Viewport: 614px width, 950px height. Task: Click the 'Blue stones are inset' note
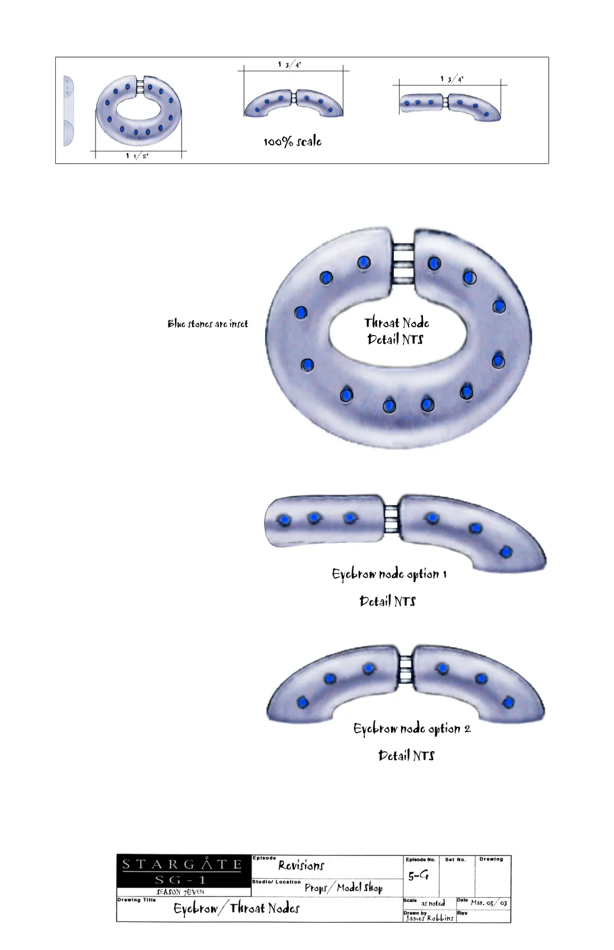pos(208,324)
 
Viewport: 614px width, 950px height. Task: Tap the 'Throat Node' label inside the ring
pos(397,323)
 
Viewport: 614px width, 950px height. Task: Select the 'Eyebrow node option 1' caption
pos(389,574)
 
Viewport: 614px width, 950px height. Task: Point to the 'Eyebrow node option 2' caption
pos(412,729)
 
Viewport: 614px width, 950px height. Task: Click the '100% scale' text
pos(292,142)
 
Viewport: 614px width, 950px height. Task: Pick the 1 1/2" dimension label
pos(137,156)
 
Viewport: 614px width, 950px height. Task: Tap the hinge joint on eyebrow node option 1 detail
pos(392,519)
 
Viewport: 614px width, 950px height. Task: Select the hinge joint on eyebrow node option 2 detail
pos(406,668)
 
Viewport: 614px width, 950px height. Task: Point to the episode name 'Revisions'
pos(301,865)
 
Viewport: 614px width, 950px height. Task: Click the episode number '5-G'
pos(418,875)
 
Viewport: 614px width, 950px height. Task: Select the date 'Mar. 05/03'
pos(489,903)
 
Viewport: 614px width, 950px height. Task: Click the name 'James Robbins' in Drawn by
pos(430,918)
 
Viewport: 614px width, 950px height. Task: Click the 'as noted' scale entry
pos(433,903)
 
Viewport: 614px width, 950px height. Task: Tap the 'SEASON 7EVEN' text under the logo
pos(180,891)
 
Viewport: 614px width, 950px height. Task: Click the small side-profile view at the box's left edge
pos(68,111)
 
